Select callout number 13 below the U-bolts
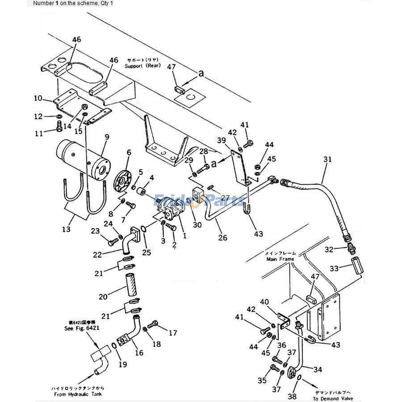click(66, 230)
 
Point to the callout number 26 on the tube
click(222, 238)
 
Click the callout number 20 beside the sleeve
click(103, 297)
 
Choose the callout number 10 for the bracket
click(38, 98)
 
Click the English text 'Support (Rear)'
click(140, 66)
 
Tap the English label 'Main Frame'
click(280, 259)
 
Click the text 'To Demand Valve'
click(333, 398)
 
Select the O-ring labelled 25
click(142, 230)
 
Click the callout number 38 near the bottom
click(292, 396)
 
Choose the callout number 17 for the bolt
click(172, 333)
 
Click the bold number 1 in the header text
click(57, 3)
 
